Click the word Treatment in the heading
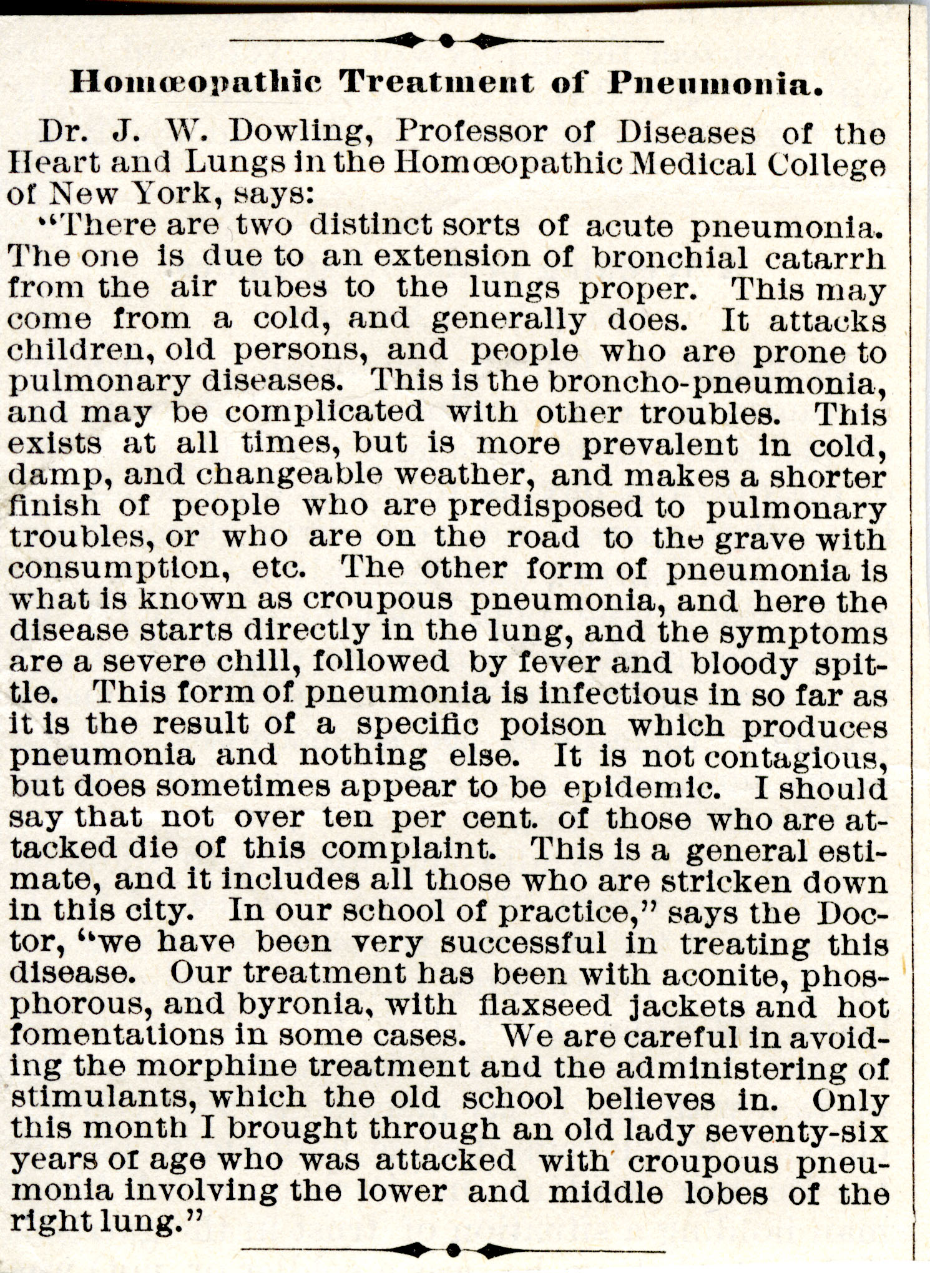tap(439, 82)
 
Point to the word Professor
tap(471, 132)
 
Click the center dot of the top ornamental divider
tap(445, 41)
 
